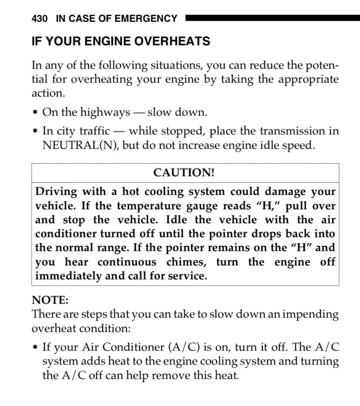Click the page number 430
[x=40, y=19]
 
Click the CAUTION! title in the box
[x=184, y=173]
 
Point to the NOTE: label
[x=50, y=300]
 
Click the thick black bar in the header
[x=272, y=18]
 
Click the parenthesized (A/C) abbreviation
[x=183, y=347]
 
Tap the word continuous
[x=127, y=262]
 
